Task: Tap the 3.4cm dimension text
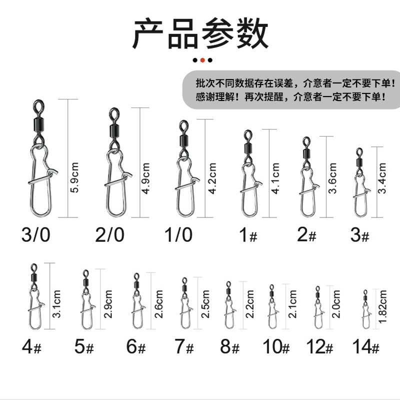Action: [382, 177]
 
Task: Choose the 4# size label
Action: [30, 346]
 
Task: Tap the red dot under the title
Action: [202, 60]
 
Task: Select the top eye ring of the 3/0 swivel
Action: [39, 106]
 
